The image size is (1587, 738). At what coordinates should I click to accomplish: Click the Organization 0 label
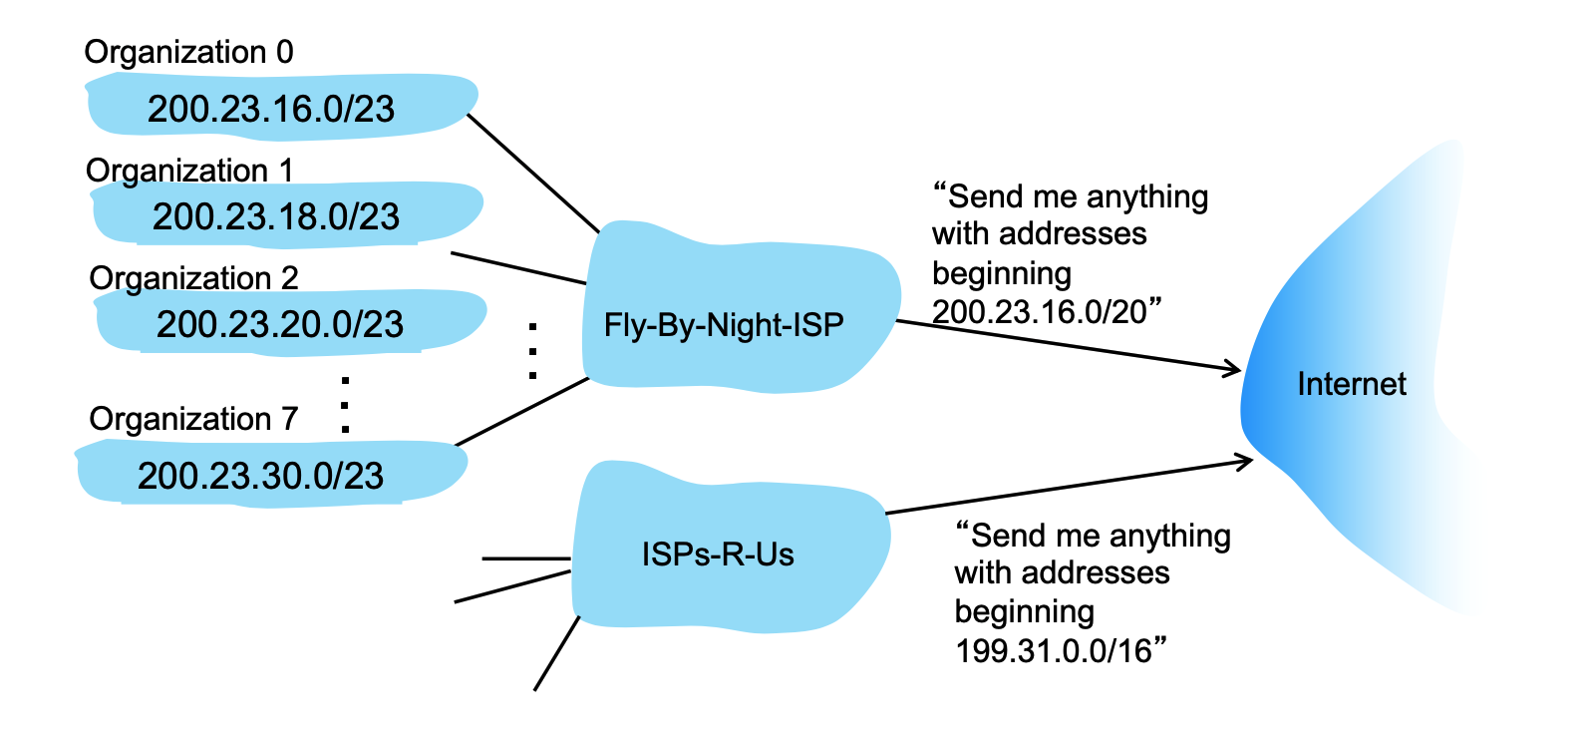point(188,52)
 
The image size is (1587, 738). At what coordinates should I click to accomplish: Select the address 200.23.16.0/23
point(271,109)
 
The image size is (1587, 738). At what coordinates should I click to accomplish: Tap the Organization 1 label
point(189,171)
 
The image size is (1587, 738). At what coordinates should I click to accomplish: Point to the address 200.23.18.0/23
point(275,216)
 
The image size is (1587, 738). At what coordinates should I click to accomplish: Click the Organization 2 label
point(193,277)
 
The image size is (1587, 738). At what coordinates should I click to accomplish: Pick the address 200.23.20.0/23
point(279,324)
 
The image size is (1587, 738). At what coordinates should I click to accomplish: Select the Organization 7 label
point(193,419)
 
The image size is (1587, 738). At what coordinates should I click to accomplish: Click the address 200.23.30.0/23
point(260,476)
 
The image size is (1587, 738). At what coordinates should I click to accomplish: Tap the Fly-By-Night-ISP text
point(724,325)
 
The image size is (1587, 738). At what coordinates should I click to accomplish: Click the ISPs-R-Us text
point(718,554)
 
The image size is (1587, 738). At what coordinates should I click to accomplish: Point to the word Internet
point(1351,384)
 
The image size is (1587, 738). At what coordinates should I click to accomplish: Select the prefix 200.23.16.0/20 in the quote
point(1040,312)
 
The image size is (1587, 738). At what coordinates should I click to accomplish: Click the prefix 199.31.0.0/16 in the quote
point(1054,651)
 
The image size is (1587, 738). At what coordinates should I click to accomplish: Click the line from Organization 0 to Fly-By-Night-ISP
point(533,173)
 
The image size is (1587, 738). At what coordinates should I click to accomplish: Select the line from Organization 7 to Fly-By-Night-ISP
point(521,412)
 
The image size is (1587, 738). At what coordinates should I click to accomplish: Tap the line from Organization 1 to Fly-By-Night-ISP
point(518,268)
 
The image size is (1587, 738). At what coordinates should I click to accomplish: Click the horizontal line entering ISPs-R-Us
point(525,558)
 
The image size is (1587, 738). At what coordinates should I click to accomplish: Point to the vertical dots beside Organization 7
point(345,405)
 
